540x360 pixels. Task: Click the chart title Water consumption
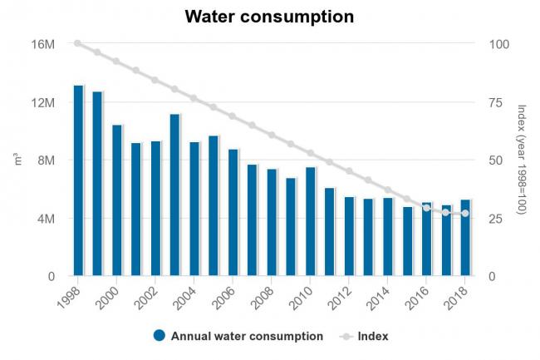(x=269, y=17)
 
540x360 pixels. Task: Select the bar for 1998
(x=78, y=180)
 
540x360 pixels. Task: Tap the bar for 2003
(x=175, y=195)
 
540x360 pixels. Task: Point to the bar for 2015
(x=407, y=241)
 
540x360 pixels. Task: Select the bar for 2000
(x=117, y=200)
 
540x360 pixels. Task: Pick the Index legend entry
(x=372, y=337)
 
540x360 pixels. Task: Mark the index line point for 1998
(x=78, y=43)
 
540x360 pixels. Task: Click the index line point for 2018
(x=465, y=214)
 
